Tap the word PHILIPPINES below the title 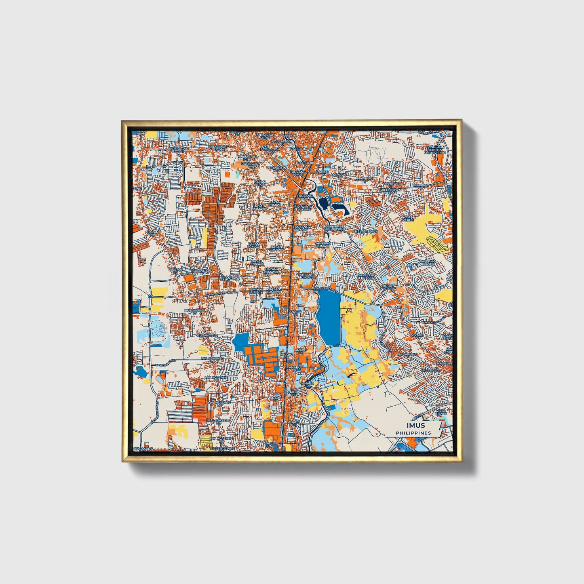coord(413,433)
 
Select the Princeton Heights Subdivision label coord(434,150)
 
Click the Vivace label coord(417,335)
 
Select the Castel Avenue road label coord(162,365)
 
